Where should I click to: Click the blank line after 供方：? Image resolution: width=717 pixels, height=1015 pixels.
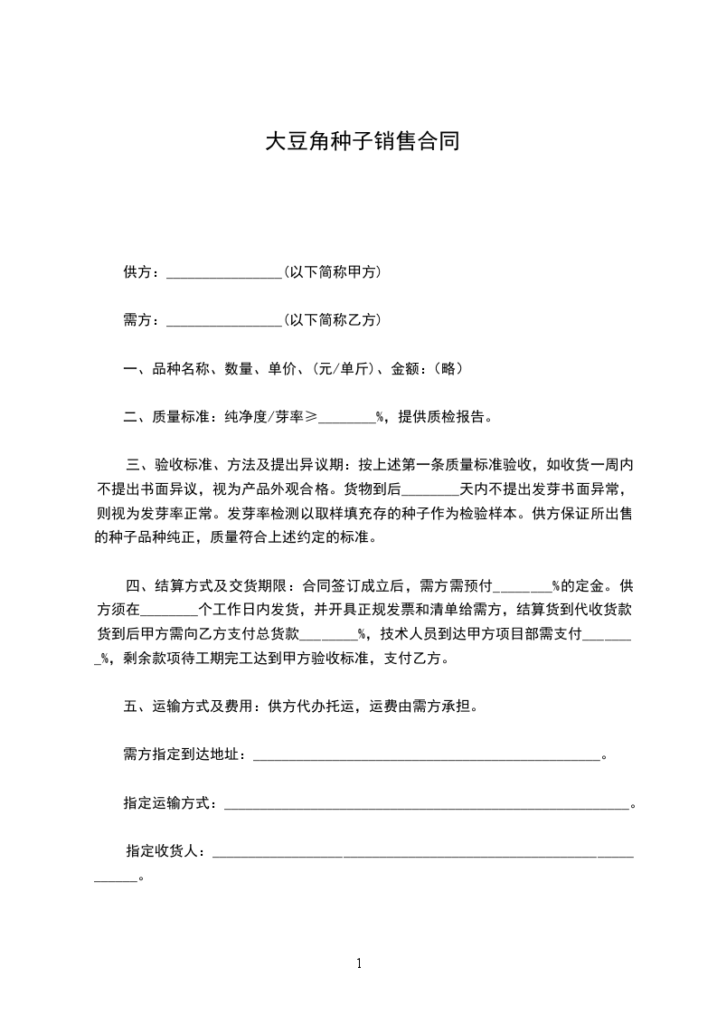coord(224,272)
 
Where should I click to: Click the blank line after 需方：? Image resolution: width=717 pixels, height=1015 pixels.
coord(224,320)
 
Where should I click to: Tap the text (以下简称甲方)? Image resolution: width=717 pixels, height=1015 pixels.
coord(331,271)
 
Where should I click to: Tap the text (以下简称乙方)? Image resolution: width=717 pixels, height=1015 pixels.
coord(331,319)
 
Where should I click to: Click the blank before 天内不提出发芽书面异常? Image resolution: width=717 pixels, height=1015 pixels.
coord(429,490)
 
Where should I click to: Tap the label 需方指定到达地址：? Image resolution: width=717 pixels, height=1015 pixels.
coord(186,754)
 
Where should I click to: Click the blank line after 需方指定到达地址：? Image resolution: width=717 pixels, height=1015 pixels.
coord(425,755)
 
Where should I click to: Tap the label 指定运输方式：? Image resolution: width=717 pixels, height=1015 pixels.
coord(172,802)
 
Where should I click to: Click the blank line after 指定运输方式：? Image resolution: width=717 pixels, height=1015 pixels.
coord(425,804)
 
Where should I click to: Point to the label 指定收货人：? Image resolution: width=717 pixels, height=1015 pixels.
coord(167,850)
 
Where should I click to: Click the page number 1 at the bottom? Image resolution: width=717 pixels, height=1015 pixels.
coord(359,963)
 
